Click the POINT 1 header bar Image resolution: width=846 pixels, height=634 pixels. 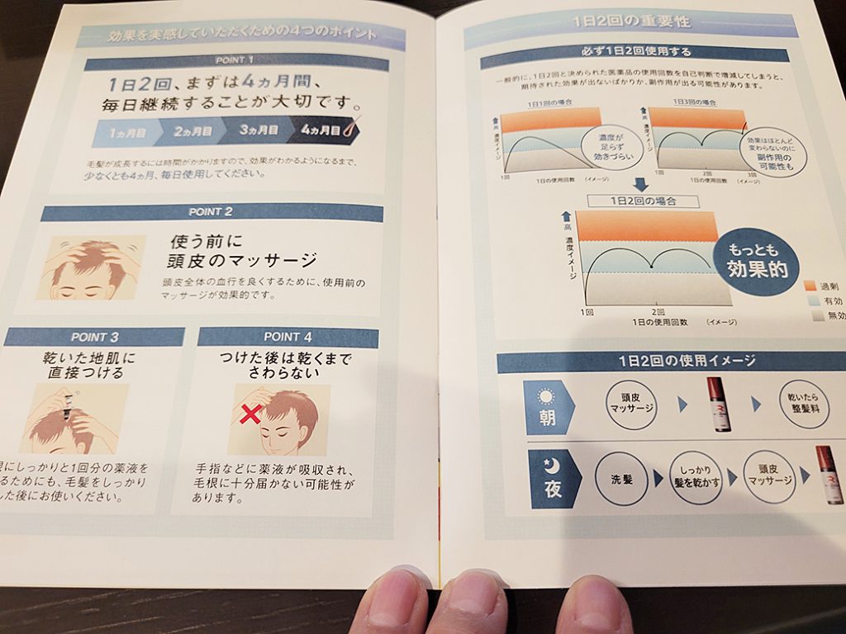pyautogui.click(x=235, y=59)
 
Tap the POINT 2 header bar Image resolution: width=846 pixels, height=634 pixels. pyautogui.click(x=212, y=212)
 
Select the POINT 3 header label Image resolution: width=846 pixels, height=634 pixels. pyautogui.click(x=94, y=337)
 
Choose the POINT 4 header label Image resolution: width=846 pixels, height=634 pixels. pyautogui.click(x=288, y=337)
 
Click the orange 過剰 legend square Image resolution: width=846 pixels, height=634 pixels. pyautogui.click(x=810, y=286)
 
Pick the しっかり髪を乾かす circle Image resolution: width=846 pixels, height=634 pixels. pyautogui.click(x=692, y=477)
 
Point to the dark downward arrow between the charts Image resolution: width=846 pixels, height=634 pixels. pyautogui.click(x=639, y=185)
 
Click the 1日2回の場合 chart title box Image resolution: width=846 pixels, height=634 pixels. pyautogui.click(x=642, y=201)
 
